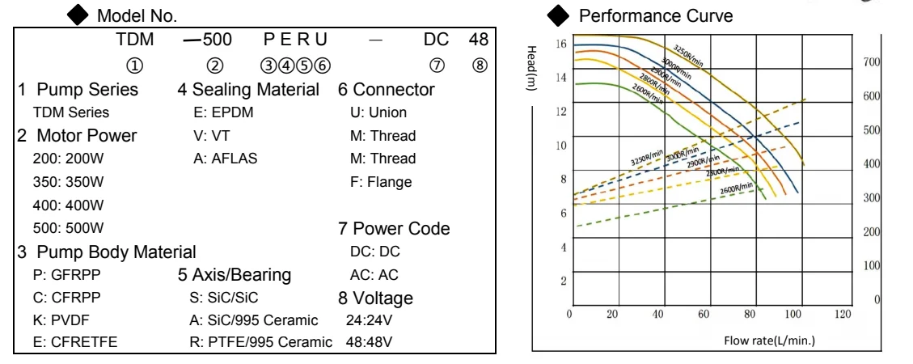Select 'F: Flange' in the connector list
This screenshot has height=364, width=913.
point(374,181)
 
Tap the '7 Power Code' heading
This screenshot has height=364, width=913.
point(394,229)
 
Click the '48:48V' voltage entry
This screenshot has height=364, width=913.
point(369,342)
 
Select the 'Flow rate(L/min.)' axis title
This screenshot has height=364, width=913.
point(769,339)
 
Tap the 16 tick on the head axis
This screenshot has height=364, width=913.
point(561,43)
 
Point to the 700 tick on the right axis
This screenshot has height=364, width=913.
point(871,62)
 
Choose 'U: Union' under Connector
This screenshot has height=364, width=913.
point(373,112)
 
